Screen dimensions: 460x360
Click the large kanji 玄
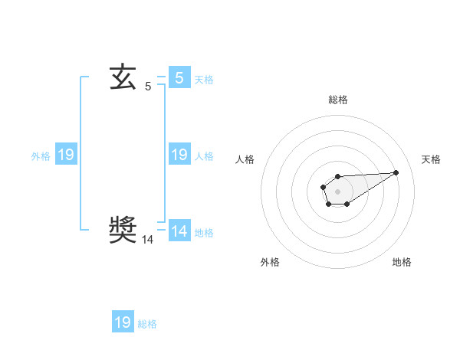(123, 78)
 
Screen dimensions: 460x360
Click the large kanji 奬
(123, 229)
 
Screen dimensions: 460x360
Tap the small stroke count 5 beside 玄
(148, 87)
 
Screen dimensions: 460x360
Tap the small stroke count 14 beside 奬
(148, 240)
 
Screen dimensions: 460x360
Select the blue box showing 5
(179, 78)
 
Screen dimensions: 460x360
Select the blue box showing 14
(179, 231)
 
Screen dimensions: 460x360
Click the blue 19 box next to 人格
(179, 155)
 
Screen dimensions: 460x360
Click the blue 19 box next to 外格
(65, 155)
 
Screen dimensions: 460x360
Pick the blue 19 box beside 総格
(123, 322)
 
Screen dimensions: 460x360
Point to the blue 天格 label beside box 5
(204, 79)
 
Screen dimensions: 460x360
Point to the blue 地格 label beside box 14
(204, 232)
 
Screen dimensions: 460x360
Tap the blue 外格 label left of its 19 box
(41, 155)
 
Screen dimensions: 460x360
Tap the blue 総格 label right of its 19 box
(147, 324)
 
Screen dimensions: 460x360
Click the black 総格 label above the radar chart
(337, 100)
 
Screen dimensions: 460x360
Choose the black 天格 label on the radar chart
(431, 159)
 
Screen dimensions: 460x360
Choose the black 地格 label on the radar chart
(402, 262)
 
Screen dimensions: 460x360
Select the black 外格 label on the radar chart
(270, 262)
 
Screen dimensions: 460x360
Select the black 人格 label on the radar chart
(245, 159)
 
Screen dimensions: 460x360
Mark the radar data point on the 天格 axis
(396, 172)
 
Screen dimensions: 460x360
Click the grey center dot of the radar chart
(337, 190)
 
